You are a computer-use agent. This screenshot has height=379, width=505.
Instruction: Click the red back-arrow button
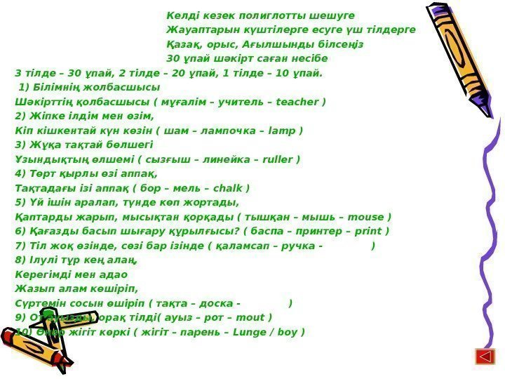point(483,356)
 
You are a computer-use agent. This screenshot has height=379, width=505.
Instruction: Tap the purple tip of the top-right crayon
point(429,11)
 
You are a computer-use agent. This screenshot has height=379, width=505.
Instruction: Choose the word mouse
point(368,217)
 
